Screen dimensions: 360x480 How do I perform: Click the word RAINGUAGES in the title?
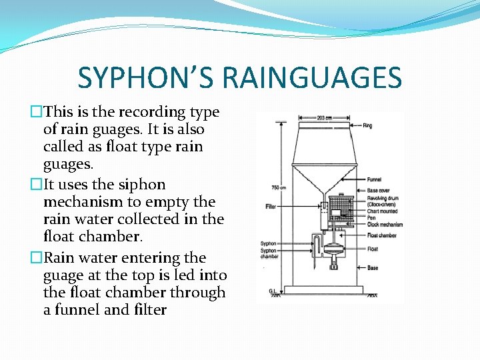312,77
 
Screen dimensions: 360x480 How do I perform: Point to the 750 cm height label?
279,187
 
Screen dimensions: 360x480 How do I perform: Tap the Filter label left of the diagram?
270,207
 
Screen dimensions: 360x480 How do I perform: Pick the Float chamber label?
381,235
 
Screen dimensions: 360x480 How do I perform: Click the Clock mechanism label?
385,224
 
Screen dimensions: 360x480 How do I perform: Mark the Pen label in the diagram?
371,218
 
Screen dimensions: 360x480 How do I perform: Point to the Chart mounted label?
382,211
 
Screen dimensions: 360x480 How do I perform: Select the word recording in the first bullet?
147,112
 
